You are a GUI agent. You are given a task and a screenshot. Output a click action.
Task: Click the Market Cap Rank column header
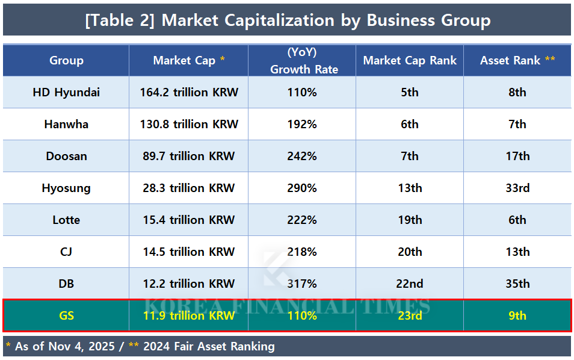[x=410, y=60]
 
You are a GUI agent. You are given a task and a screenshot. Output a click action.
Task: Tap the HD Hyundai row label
[x=66, y=92]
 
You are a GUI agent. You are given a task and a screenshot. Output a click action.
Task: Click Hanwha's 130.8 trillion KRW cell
[x=188, y=124]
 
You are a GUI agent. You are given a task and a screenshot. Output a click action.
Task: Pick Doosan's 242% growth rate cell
[x=302, y=156]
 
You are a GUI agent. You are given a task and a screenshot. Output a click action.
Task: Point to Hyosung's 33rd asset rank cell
[x=517, y=188]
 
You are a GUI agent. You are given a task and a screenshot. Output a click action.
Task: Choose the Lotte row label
[x=66, y=220]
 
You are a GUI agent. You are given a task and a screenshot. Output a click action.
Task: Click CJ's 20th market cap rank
[x=410, y=252]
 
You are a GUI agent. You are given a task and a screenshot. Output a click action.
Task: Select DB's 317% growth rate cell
[x=302, y=284]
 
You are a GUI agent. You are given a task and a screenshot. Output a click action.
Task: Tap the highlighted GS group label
[x=66, y=315]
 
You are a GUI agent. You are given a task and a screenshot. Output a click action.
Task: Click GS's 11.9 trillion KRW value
[x=188, y=315]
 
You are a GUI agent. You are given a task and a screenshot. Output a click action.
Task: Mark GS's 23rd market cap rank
[x=410, y=315]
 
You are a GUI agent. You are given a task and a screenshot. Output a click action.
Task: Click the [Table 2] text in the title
[x=120, y=20]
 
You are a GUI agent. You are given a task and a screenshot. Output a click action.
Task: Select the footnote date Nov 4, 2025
[x=80, y=347]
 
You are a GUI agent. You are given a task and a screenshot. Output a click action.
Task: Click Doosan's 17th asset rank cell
[x=517, y=156]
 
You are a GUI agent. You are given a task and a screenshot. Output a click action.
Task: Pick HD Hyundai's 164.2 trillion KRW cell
[x=188, y=92]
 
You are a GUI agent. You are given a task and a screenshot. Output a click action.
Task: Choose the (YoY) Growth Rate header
[x=302, y=61]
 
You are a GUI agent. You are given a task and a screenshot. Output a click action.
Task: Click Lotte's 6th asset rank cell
[x=517, y=220]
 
